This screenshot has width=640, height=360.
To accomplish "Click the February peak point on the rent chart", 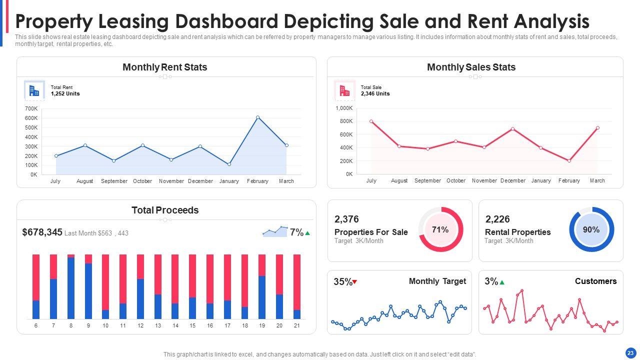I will pos(257,117).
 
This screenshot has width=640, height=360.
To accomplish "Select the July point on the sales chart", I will pos(371,121).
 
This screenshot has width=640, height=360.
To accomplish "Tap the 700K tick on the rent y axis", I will pos(31,108).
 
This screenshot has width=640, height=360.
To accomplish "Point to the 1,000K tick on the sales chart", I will pos(344,108).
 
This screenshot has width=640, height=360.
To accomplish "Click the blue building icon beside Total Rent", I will pos(34,90).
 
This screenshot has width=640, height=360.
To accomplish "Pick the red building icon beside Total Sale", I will pos(344,90).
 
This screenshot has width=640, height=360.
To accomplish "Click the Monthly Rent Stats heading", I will pos(164,67).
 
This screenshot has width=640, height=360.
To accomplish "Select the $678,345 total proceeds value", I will pos(42,232).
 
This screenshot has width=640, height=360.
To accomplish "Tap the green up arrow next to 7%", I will pos(307,233).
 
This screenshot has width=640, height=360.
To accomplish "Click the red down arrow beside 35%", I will pos(354,282).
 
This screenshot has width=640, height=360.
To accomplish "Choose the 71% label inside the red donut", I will pos(440,229).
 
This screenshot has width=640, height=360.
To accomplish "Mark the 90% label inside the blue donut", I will pos(591,229).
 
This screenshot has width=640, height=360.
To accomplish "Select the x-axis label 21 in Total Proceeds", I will pos(296,325).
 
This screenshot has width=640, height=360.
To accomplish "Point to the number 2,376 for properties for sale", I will pos(346,219).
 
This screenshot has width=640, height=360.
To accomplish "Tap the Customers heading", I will pos(595,281).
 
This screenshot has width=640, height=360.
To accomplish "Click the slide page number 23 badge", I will pos(630,352).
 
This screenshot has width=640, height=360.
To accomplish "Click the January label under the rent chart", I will pos(229,181).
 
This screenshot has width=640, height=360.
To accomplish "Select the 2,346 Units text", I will pos(375,93).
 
